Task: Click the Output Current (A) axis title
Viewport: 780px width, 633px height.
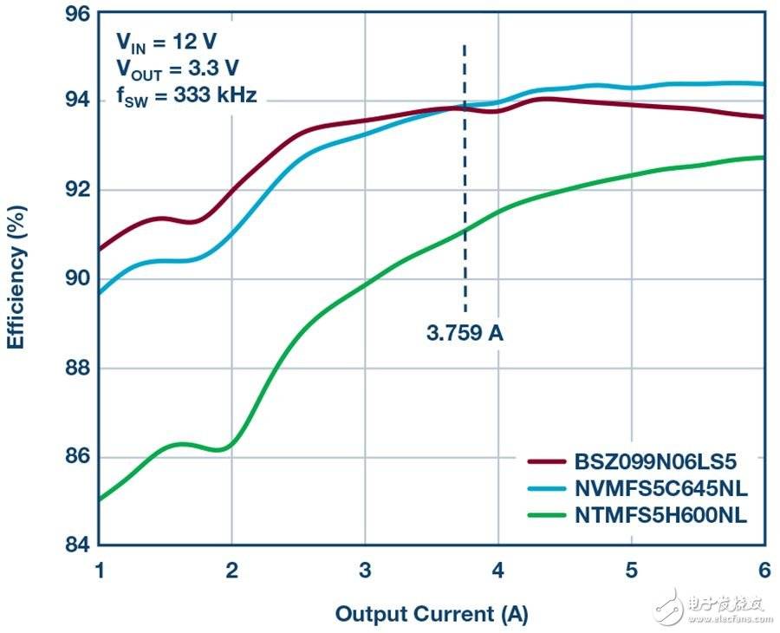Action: (x=431, y=614)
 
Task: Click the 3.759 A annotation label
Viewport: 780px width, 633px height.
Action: (x=465, y=333)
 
